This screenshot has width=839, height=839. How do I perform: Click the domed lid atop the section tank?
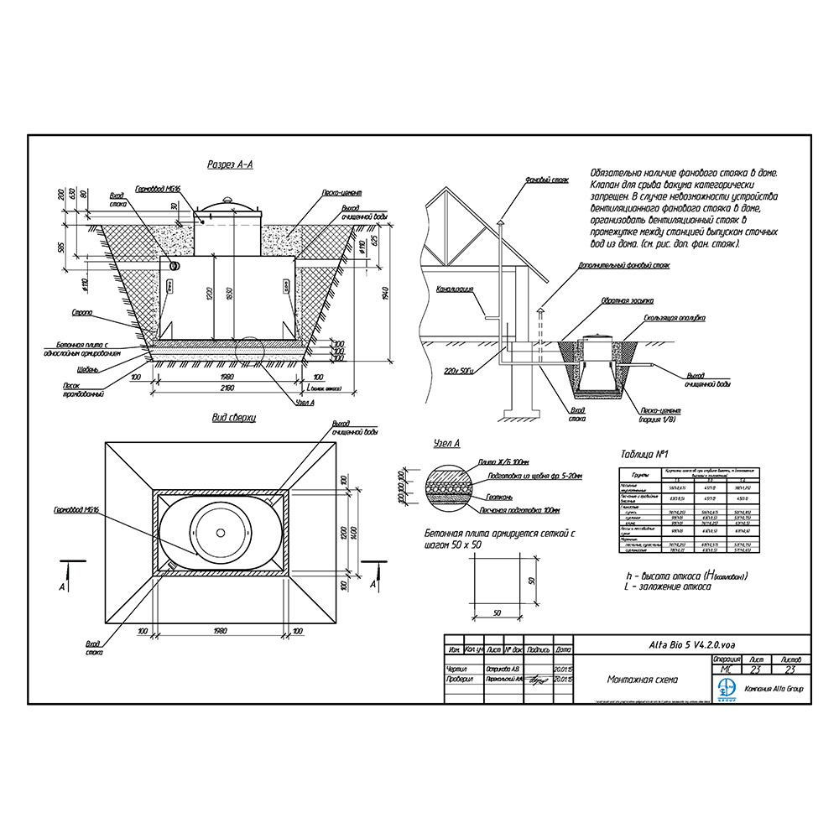pos(228,204)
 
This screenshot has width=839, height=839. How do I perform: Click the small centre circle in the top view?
pos(221,533)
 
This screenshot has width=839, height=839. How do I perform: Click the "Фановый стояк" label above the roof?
pos(547,180)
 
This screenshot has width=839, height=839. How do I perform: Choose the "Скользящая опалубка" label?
pos(674,318)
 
